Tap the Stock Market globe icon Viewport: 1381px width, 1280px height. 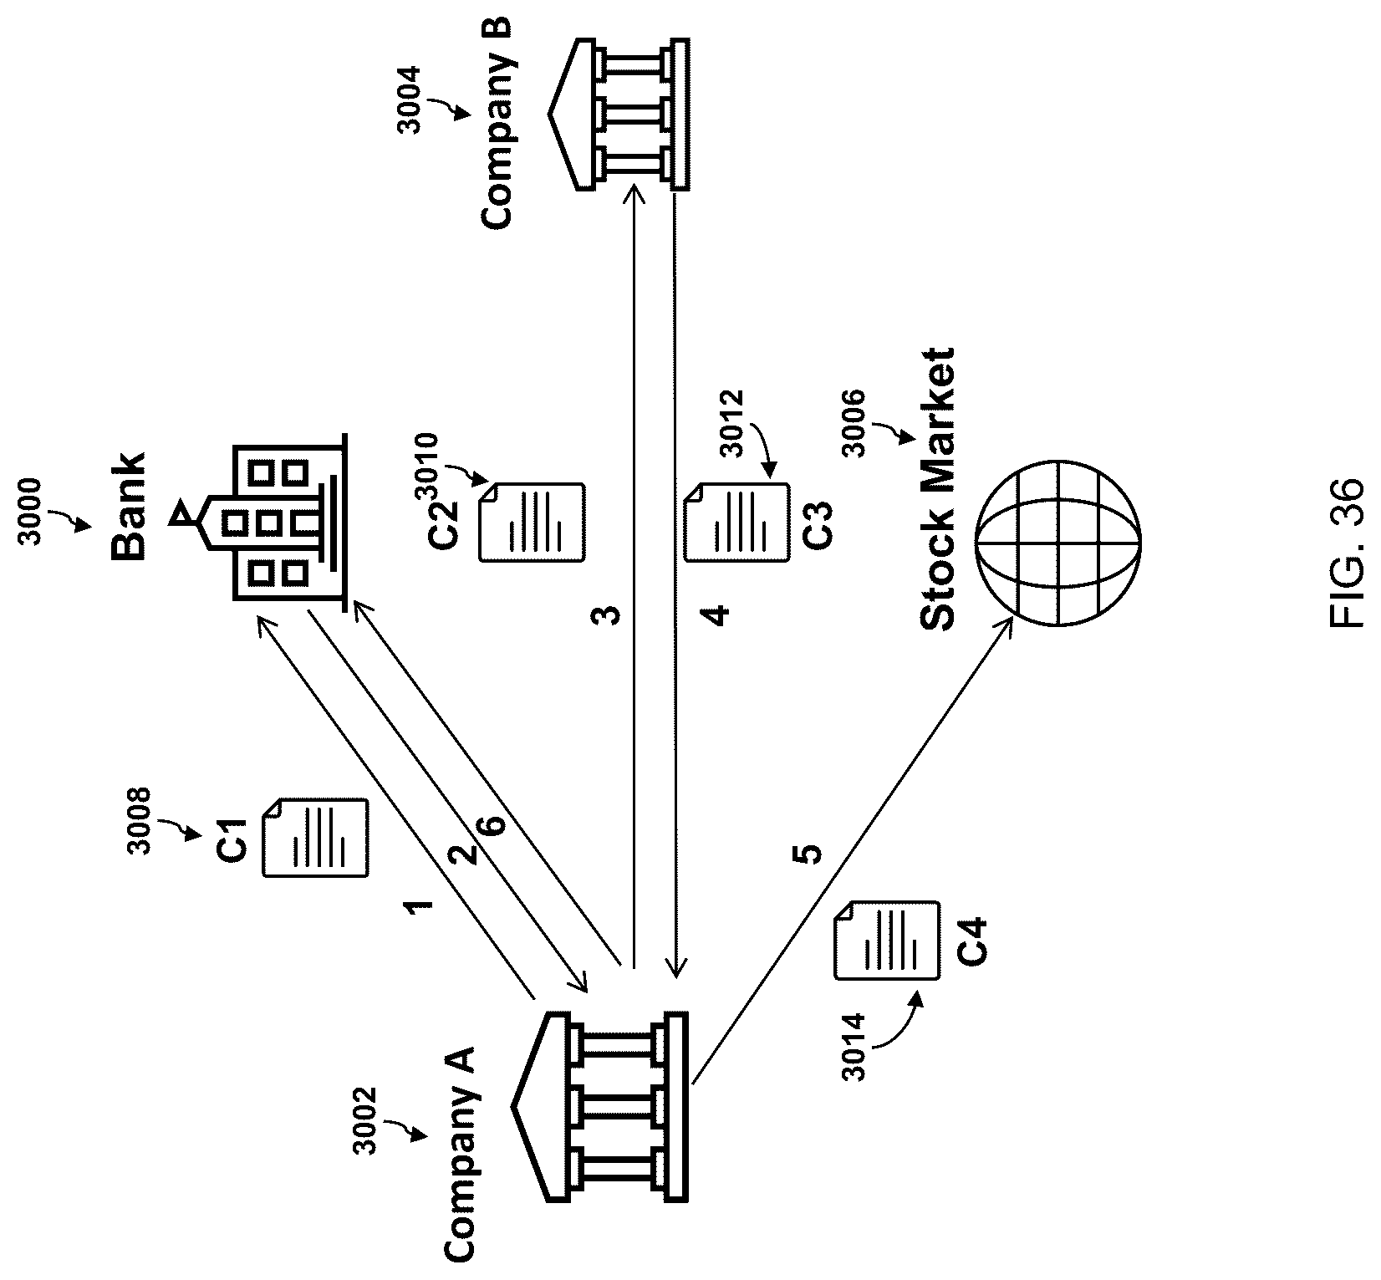click(x=1057, y=542)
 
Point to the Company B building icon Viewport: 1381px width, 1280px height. click(x=619, y=115)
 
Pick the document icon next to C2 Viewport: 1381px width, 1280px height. click(x=532, y=521)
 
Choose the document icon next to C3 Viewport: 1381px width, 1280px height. click(x=736, y=521)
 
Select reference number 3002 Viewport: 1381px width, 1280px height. click(x=365, y=1119)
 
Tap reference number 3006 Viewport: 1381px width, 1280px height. click(x=854, y=424)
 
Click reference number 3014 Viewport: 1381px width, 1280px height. click(x=854, y=1048)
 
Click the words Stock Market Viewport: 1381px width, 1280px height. click(x=936, y=489)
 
